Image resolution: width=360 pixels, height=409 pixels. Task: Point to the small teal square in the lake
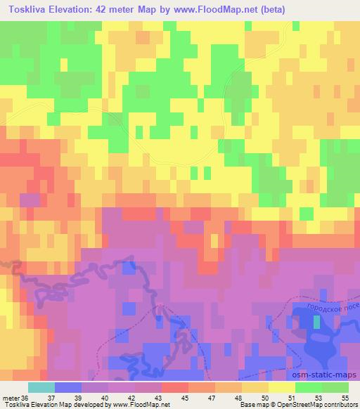coord(317,322)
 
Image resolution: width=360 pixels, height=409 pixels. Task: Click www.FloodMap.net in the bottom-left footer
coord(141,404)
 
